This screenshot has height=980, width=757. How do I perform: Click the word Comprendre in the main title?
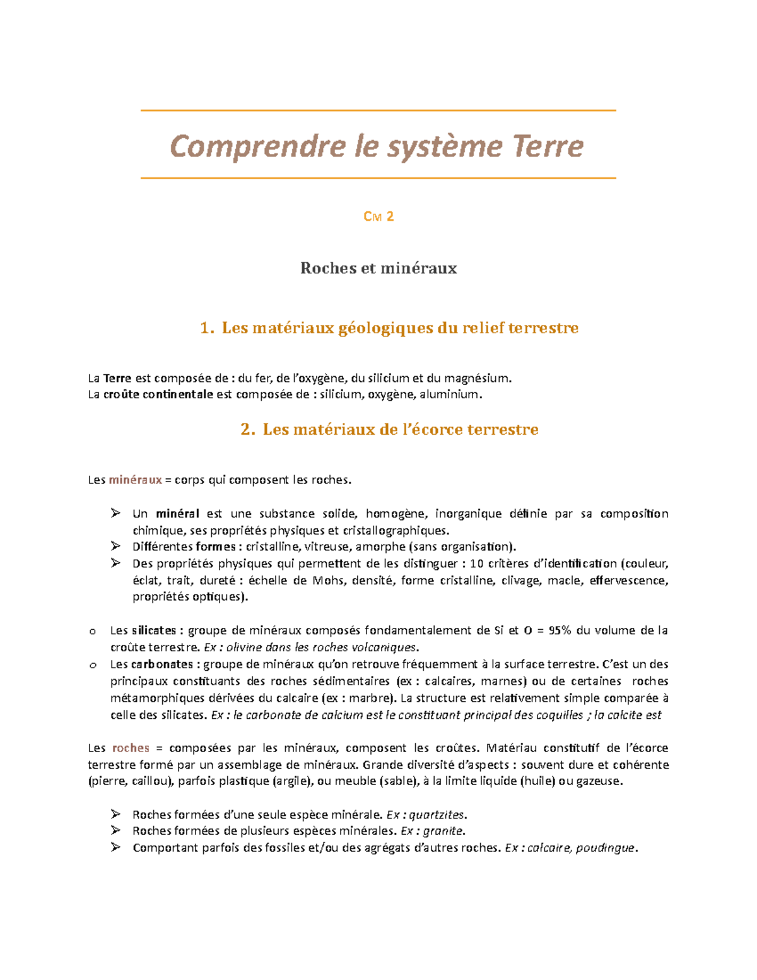pyautogui.click(x=257, y=146)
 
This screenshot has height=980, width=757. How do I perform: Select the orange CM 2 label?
pyautogui.click(x=378, y=216)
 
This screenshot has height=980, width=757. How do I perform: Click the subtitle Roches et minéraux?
pyautogui.click(x=378, y=268)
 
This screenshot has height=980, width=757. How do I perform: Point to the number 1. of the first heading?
pyautogui.click(x=206, y=328)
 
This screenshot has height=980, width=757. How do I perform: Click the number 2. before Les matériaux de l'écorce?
pyautogui.click(x=247, y=430)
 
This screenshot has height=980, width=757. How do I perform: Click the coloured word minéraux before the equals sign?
pyautogui.click(x=135, y=480)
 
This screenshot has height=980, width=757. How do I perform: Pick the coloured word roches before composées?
pyautogui.click(x=131, y=748)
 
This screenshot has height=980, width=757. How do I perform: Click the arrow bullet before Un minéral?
pyautogui.click(x=115, y=513)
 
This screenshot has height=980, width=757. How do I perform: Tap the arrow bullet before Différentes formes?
pyautogui.click(x=115, y=546)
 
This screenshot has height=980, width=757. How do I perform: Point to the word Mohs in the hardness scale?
pyautogui.click(x=328, y=581)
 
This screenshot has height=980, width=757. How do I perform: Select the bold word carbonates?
pyautogui.click(x=161, y=664)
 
